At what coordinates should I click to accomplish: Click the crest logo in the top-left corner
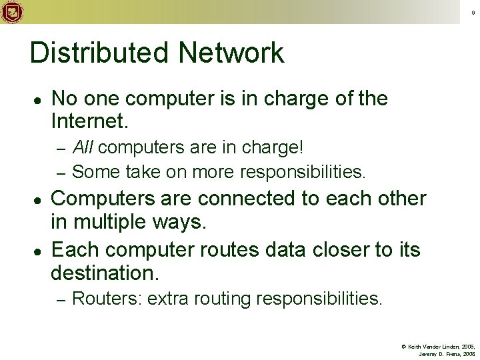[x=11, y=11]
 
